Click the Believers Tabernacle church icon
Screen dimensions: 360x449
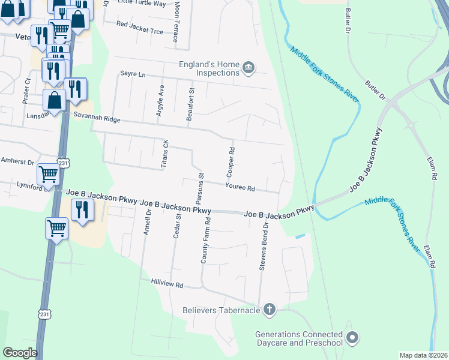click(270, 310)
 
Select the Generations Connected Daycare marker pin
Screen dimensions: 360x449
click(352, 338)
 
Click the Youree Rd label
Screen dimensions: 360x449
click(240, 188)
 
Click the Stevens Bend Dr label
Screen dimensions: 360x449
click(262, 248)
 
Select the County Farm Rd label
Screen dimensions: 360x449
click(206, 241)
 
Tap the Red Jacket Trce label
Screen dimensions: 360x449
click(140, 25)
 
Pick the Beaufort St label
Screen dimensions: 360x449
click(191, 104)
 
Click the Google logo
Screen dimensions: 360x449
click(20, 353)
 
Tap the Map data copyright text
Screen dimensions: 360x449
click(423, 355)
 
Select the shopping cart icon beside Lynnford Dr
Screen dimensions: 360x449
click(48, 175)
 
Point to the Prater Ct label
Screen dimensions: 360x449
click(27, 91)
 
